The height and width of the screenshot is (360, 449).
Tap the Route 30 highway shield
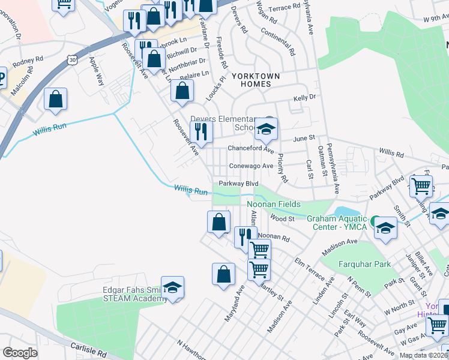point(72,59)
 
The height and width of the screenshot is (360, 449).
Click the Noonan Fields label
point(274,204)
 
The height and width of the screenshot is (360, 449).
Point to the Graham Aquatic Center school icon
point(385,229)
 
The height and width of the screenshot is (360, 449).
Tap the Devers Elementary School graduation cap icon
point(265,128)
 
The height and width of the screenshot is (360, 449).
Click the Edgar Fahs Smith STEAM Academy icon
point(172,288)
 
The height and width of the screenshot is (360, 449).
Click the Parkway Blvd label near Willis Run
point(238,184)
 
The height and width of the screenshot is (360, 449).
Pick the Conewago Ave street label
point(251,166)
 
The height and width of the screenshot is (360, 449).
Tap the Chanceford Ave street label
point(250,149)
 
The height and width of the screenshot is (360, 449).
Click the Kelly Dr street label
point(304,97)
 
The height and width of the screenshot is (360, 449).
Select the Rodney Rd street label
point(28,60)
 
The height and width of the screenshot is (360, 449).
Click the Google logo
point(20,353)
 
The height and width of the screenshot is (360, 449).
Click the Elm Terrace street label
point(310,269)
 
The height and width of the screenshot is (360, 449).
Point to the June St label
point(304,138)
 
